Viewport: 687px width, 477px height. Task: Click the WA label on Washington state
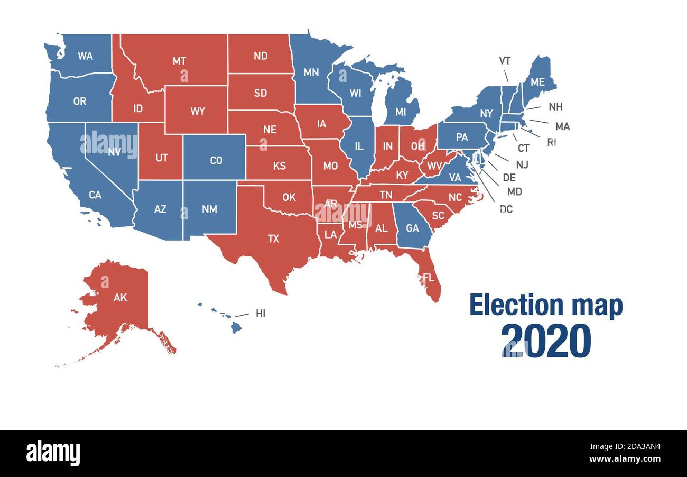85,56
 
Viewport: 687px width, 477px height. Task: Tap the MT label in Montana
179,61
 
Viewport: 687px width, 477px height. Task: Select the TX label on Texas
273,238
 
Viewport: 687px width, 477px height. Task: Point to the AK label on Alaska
120,297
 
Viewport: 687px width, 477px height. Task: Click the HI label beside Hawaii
261,314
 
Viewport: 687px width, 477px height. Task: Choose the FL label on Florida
428,277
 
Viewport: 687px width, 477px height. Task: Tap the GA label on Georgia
412,228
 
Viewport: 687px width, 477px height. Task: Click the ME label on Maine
537,82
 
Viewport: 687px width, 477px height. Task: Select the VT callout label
505,61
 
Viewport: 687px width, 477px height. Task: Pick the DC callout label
506,209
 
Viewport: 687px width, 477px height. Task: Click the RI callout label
551,142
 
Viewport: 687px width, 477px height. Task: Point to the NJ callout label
522,164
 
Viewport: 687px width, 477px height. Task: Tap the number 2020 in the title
545,341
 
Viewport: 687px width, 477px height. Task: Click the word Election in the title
509,306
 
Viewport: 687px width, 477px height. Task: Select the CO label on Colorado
216,160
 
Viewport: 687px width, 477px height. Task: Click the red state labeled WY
197,112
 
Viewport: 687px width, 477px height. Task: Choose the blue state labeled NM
209,209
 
